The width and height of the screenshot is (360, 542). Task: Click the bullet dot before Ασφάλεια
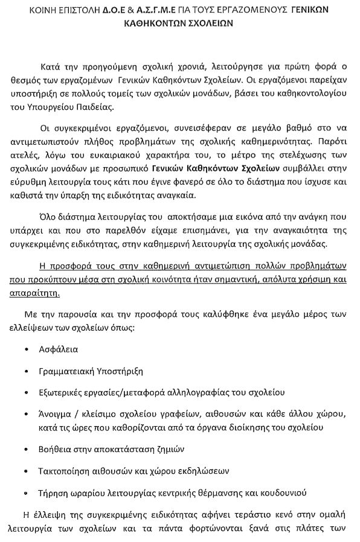(26, 349)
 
